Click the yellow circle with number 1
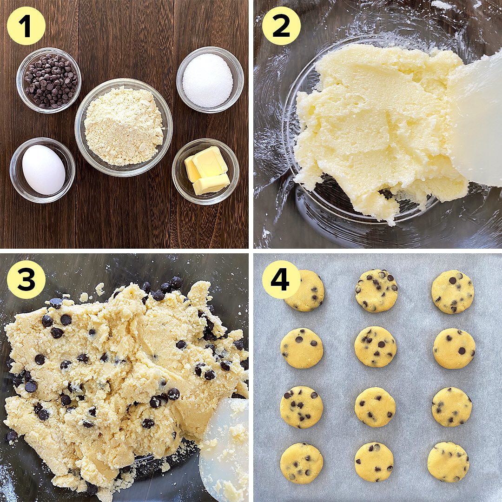pos(26,26)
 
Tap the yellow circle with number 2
pos(281,26)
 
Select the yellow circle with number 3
pos(26,279)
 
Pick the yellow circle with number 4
pos(281,279)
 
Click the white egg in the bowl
pos(44,169)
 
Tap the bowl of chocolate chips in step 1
pos(49,80)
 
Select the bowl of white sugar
pos(210,80)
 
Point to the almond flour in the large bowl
pos(124,126)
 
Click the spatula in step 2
pos(476,121)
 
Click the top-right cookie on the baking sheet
pos(452,291)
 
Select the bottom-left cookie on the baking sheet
pos(302,463)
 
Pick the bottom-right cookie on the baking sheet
pos(448,462)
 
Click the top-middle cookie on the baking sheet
pos(376,291)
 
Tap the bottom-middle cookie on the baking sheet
pos(374,462)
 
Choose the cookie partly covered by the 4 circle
pos(305,291)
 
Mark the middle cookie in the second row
pos(375,347)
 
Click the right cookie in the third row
pos(452,407)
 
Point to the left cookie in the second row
pos(301,348)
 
